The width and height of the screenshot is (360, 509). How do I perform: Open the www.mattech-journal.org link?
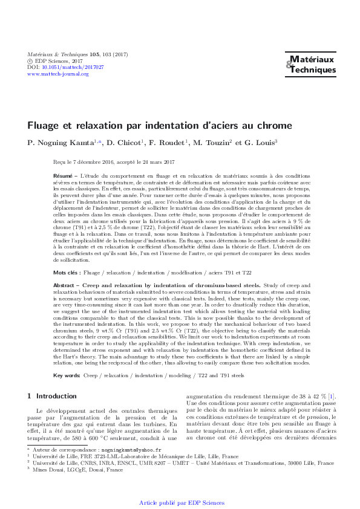(x=58, y=74)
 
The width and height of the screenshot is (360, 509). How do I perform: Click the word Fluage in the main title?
(x=44, y=127)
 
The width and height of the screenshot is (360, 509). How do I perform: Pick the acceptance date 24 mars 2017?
(x=154, y=161)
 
